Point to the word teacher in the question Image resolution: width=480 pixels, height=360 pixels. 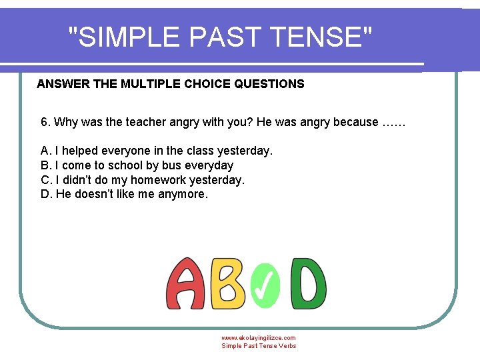tap(144, 122)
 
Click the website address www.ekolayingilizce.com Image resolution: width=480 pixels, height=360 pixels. tap(259, 338)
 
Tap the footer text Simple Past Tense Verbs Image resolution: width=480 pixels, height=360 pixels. tap(259, 345)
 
